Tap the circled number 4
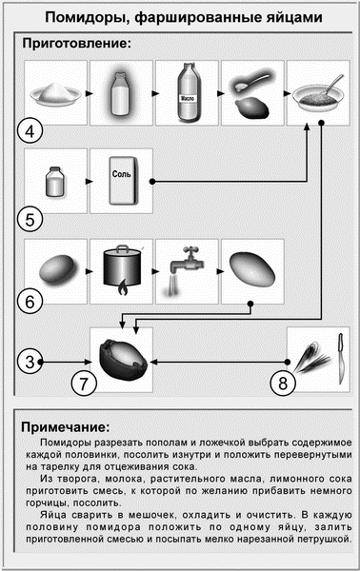(31, 130)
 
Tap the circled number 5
(31, 219)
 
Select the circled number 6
(31, 302)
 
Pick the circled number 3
(31, 361)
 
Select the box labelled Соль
(121, 179)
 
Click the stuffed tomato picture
(121, 356)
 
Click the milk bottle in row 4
(121, 95)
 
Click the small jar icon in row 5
(54, 179)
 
